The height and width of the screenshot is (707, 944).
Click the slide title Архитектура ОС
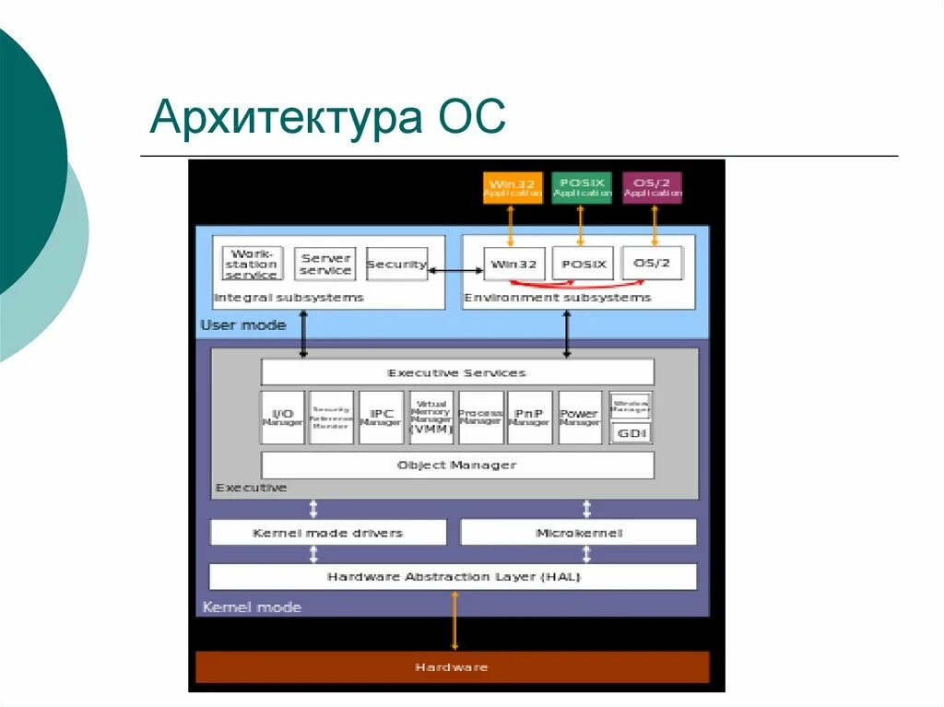(x=328, y=119)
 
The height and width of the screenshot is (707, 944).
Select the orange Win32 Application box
(x=512, y=188)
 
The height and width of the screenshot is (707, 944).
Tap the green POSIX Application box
(x=582, y=188)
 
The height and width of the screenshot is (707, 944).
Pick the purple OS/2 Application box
(x=652, y=188)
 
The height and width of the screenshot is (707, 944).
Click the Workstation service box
(x=252, y=264)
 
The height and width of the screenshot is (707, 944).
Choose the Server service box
(x=325, y=264)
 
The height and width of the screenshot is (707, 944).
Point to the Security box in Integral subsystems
(x=396, y=264)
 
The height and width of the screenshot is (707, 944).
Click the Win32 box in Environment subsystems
(x=514, y=264)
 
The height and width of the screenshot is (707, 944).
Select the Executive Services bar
(x=457, y=372)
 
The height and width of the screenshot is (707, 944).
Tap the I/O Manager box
(x=282, y=418)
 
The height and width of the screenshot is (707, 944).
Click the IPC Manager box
(x=381, y=418)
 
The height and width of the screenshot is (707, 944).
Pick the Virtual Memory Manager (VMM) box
(x=431, y=418)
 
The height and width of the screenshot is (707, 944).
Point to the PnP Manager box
(x=529, y=418)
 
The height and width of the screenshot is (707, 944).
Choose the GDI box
(x=631, y=431)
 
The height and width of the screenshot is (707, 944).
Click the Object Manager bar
(x=457, y=465)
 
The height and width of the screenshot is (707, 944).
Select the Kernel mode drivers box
(x=328, y=533)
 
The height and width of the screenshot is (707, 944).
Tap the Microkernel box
(x=578, y=533)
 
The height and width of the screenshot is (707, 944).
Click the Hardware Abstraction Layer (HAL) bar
(x=453, y=577)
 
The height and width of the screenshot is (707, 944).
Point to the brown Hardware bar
(x=452, y=666)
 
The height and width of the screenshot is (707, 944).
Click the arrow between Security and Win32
(x=456, y=270)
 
